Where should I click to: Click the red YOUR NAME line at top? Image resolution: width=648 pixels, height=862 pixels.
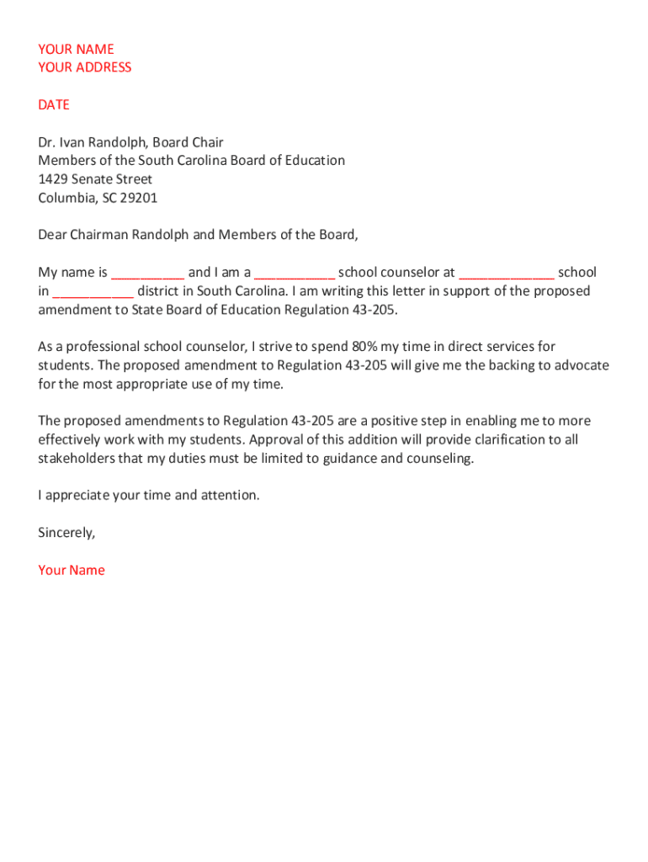[76, 49]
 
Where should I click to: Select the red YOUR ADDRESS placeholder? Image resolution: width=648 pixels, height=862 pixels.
[85, 67]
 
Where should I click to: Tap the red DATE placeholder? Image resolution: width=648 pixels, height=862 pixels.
[54, 104]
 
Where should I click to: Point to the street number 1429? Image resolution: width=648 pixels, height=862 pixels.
[53, 179]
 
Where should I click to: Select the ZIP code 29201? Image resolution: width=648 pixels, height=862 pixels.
[139, 198]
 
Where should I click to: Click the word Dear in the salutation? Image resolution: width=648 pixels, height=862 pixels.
[52, 235]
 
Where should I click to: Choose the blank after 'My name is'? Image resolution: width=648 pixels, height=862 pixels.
[148, 274]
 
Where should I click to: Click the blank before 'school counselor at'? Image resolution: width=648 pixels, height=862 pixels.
[295, 274]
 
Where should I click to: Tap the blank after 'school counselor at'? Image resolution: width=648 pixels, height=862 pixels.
[507, 274]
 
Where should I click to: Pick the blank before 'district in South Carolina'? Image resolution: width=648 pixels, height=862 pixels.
[93, 292]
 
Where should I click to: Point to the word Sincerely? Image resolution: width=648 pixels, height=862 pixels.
[66, 533]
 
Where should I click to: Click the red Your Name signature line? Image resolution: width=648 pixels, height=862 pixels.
[72, 570]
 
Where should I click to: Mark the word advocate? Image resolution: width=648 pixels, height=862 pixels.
[582, 365]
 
